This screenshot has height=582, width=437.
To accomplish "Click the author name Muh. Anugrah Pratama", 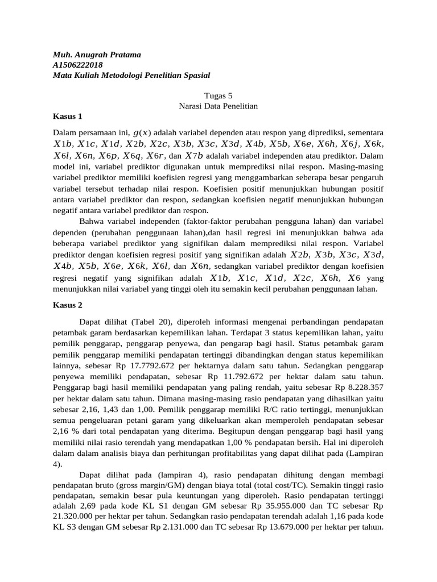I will pos(96,55).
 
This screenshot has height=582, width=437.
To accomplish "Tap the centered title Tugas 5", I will pos(218,96).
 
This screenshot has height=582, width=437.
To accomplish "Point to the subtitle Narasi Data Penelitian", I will pos(218,106).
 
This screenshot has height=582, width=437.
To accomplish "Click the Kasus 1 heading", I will pos(68,117).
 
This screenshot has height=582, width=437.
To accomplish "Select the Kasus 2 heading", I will pos(68,305).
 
